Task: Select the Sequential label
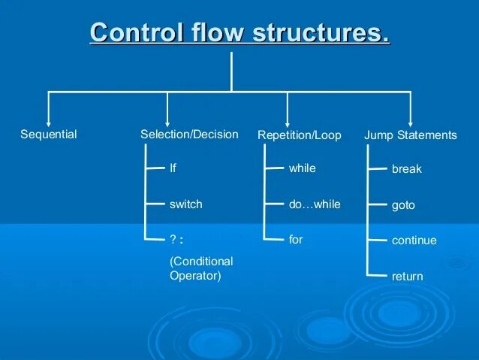(x=48, y=135)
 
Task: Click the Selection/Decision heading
(x=189, y=135)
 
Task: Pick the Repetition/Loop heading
(x=299, y=135)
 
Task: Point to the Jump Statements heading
(x=410, y=135)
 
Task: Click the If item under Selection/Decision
(x=173, y=168)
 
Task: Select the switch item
(x=185, y=204)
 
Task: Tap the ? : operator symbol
(x=176, y=239)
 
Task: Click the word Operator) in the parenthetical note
(x=195, y=276)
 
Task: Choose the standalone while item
(x=302, y=168)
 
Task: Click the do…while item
(x=314, y=204)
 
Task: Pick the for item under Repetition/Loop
(x=296, y=239)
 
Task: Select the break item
(x=406, y=169)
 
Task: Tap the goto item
(x=403, y=205)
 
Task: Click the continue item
(x=414, y=241)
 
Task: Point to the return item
(x=407, y=277)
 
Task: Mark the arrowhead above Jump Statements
(x=411, y=122)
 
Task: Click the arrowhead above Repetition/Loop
(x=287, y=122)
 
